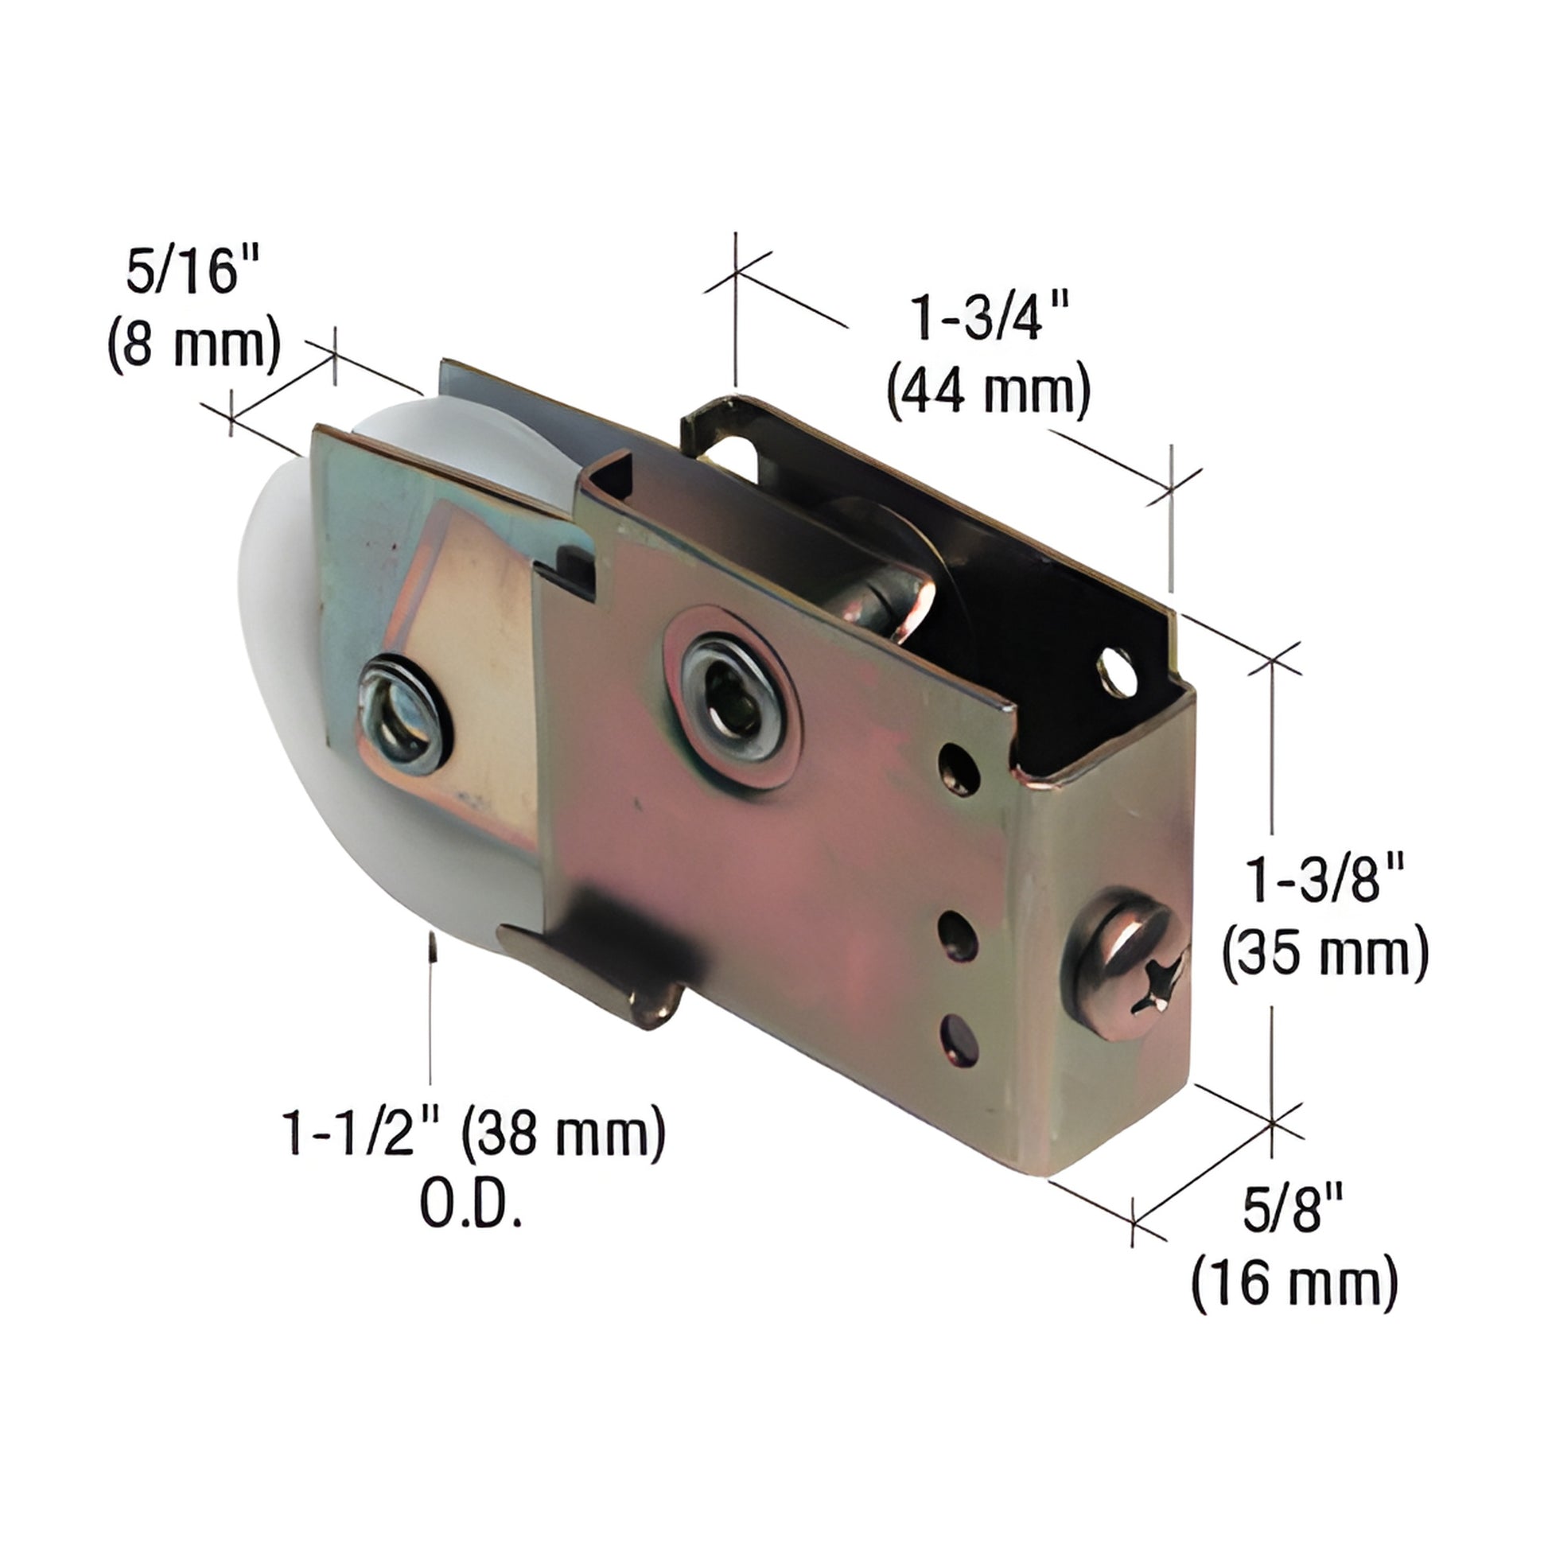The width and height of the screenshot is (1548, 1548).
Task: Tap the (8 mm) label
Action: [195, 345]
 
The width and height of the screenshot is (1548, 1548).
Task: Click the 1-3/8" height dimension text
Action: [1324, 880]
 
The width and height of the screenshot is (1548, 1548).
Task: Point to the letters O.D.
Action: [471, 1206]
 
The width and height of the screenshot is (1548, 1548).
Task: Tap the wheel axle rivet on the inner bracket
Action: [403, 714]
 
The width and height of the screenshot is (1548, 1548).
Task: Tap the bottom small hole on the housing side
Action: [962, 1040]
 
